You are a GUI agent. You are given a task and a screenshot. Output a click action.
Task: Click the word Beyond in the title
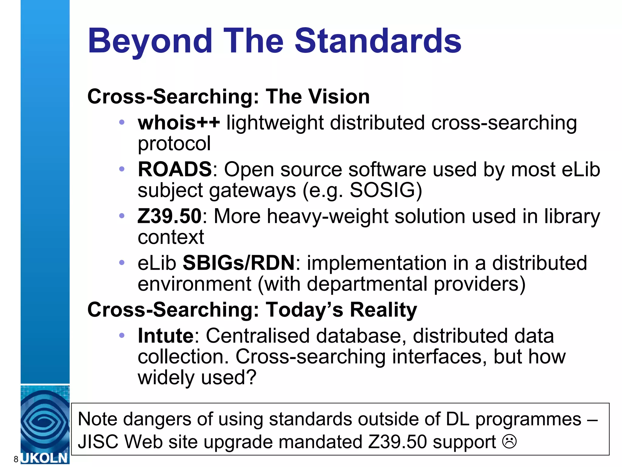point(150,41)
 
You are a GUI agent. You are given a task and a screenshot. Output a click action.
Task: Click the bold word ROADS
point(175,169)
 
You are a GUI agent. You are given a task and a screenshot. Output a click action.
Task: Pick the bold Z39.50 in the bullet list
point(169,216)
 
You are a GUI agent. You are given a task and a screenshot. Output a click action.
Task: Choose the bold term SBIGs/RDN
point(238,263)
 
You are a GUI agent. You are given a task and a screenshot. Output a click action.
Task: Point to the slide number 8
point(16,459)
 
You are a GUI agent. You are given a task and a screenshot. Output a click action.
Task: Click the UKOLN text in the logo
point(45,458)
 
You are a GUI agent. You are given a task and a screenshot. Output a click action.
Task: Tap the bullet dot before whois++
point(122,123)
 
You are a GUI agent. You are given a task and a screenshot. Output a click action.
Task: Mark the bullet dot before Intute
point(122,336)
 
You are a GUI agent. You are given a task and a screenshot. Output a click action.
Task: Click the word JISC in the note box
point(98,442)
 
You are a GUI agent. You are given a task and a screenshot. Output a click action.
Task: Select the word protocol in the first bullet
point(174,144)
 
